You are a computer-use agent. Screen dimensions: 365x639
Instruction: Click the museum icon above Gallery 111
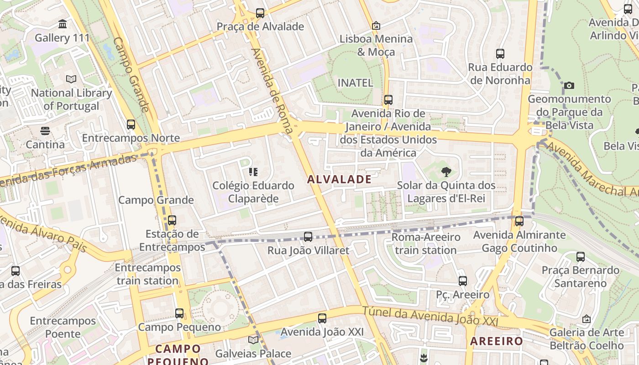click(63, 24)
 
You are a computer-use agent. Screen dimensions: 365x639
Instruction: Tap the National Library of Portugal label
click(71, 99)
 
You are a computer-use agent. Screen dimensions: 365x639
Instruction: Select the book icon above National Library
click(71, 79)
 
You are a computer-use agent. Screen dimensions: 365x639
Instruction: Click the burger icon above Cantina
click(45, 131)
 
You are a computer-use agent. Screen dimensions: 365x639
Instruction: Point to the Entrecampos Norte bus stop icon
click(131, 124)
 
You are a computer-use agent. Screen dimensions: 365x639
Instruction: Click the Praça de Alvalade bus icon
click(260, 13)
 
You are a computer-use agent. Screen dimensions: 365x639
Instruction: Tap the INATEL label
click(355, 83)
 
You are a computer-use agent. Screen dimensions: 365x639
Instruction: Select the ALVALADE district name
click(339, 179)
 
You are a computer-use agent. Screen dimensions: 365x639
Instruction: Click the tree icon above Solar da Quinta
click(446, 172)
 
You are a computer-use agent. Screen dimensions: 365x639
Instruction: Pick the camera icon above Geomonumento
click(569, 85)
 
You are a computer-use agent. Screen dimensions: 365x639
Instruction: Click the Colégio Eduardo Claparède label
click(253, 192)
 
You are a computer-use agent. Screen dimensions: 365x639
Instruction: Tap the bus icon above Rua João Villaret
click(308, 236)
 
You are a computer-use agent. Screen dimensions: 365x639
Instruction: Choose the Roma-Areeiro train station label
click(425, 244)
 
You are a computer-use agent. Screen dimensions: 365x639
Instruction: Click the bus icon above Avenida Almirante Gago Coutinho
click(519, 221)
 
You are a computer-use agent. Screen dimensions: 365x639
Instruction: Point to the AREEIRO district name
click(497, 341)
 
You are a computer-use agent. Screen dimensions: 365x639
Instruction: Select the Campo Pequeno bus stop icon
click(179, 313)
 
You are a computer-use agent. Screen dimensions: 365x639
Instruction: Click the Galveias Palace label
click(253, 354)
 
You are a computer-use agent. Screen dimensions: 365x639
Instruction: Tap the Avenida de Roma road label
click(272, 91)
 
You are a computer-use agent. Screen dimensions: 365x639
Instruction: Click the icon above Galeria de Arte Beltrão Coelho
click(587, 319)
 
